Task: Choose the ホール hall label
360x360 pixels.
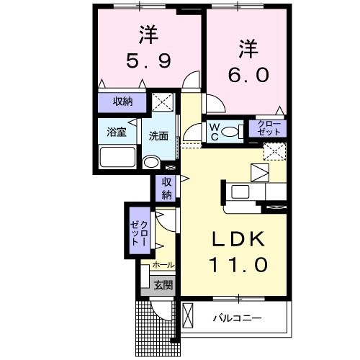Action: click(163, 266)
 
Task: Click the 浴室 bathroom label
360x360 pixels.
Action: click(117, 132)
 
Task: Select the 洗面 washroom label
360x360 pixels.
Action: click(159, 135)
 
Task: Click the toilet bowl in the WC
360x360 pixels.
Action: click(231, 132)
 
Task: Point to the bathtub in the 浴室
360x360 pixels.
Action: click(118, 158)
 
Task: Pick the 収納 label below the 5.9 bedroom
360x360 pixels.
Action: click(123, 102)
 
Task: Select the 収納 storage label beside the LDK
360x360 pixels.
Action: click(166, 189)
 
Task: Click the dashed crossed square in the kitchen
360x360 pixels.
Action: click(274, 151)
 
